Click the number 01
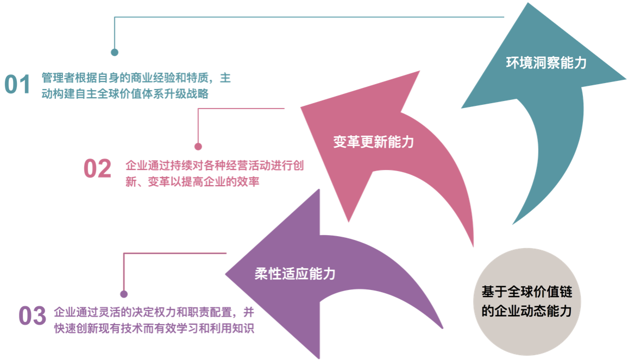pos(18,85)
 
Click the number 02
pos(97,169)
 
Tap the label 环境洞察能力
pos(546,62)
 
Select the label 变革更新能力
pos(373,142)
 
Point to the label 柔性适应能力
pos(295,273)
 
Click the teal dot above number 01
pos(115,53)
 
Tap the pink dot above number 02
pos(198,147)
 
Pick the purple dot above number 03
pos(124,294)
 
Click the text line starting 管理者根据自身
pos(136,78)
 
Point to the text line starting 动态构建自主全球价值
pos(125,94)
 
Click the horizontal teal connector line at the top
pos(310,17)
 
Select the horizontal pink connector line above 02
pos(242,109)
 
